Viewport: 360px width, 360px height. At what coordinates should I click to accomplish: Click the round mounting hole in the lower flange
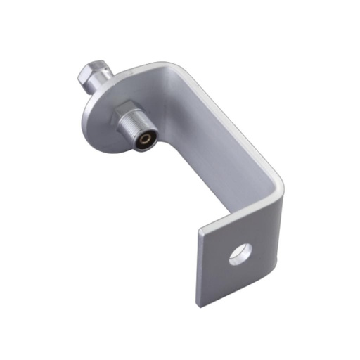pos(240,253)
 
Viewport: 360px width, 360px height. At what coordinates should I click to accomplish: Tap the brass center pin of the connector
pos(144,139)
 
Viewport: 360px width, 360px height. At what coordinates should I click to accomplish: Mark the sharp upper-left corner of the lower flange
pos(199,233)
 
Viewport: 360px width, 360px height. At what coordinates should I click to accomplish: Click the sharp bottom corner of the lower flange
pos(199,307)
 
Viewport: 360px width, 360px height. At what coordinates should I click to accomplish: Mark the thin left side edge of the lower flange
pos(196,271)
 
